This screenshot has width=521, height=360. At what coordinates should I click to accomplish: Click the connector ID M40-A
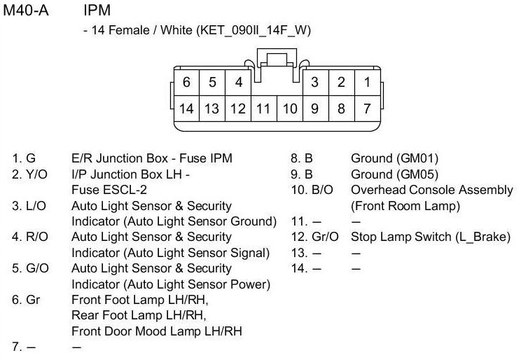(26, 12)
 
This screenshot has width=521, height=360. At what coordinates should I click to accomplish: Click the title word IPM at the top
(97, 12)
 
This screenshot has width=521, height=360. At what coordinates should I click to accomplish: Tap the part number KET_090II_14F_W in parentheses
(254, 31)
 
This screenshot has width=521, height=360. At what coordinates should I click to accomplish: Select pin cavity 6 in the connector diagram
(186, 82)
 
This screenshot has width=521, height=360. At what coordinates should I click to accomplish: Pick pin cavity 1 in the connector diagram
(367, 82)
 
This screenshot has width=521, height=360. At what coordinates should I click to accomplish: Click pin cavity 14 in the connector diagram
(186, 109)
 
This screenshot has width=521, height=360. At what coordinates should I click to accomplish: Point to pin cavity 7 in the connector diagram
(367, 109)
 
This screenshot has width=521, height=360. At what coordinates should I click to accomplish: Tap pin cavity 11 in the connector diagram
(263, 109)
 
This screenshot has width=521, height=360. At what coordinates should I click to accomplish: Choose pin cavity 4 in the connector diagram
(238, 82)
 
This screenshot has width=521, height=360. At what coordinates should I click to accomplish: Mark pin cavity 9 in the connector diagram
(315, 109)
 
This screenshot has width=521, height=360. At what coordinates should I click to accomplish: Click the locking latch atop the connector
(277, 60)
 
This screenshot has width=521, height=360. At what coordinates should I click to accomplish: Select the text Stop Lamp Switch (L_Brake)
(431, 237)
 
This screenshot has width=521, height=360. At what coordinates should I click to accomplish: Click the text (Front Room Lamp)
(405, 205)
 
